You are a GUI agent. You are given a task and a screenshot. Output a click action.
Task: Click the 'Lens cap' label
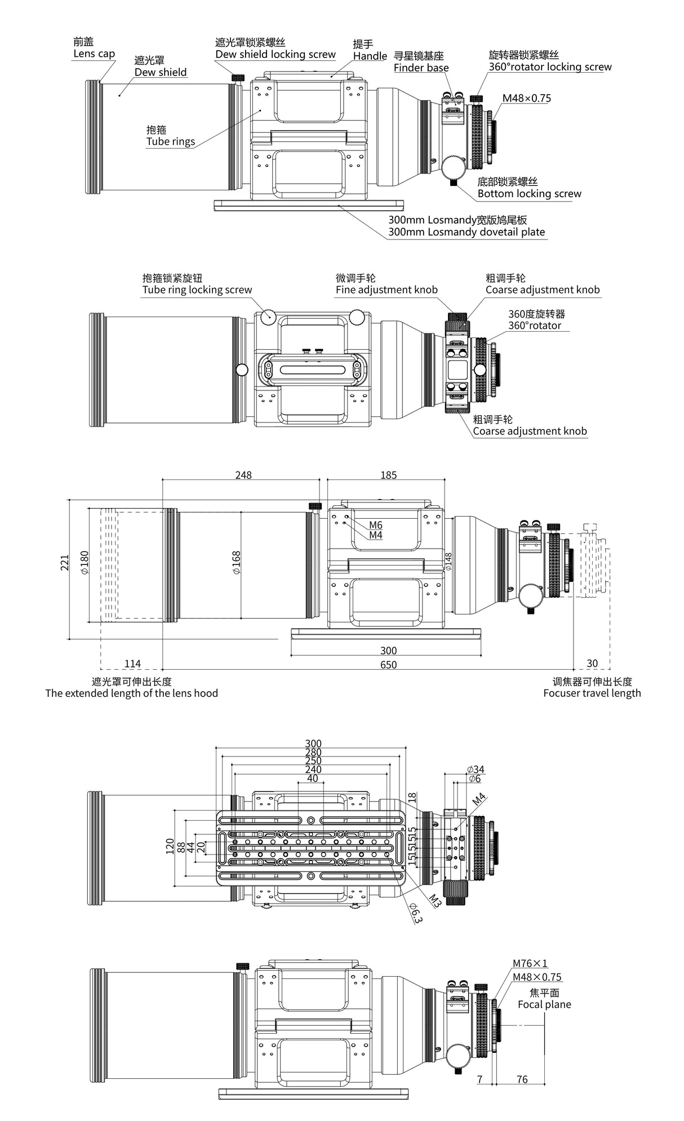tap(94, 54)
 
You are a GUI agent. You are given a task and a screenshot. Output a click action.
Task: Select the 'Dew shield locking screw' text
tap(276, 55)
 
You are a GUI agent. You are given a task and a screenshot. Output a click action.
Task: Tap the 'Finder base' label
tap(421, 68)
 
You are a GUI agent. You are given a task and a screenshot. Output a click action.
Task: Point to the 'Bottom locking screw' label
tap(529, 194)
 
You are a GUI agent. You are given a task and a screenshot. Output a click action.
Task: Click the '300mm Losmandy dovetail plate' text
tap(466, 232)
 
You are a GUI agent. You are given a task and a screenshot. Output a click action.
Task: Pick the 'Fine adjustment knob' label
tap(387, 290)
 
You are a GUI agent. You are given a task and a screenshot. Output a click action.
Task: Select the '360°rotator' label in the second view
tap(535, 326)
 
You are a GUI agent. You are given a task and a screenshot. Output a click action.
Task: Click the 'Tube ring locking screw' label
tap(197, 290)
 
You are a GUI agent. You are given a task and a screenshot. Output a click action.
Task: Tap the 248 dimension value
tap(243, 475)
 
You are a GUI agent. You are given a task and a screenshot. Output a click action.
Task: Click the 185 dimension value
tap(388, 475)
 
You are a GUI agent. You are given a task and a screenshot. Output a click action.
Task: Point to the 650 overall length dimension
tap(388, 665)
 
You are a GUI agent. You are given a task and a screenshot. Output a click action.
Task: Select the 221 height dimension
tap(65, 563)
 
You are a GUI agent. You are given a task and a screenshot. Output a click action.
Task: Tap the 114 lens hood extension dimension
tap(132, 664)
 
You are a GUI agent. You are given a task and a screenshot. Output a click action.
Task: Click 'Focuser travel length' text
tap(592, 693)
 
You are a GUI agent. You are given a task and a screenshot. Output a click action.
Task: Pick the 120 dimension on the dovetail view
tap(170, 846)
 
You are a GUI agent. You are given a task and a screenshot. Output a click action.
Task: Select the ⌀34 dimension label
tap(476, 769)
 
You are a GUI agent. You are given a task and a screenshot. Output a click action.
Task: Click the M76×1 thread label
tap(530, 964)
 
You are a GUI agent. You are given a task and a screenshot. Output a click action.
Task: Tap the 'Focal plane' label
tap(544, 1005)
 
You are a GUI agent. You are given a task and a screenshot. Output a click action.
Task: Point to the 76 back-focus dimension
tap(522, 1079)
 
